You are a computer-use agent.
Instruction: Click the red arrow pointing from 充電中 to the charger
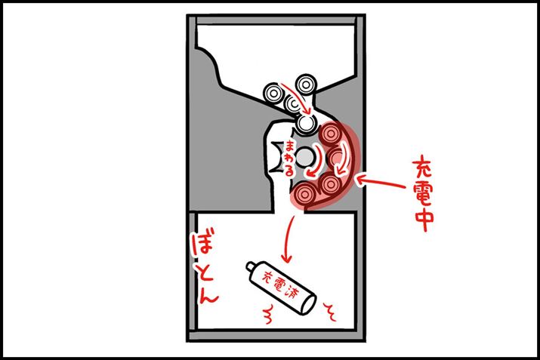click(x=381, y=182)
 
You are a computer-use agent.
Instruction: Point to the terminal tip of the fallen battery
click(x=250, y=266)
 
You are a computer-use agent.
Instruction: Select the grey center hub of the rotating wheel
click(x=305, y=158)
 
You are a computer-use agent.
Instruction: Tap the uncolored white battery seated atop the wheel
click(x=306, y=123)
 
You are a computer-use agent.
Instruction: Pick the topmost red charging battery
click(x=330, y=134)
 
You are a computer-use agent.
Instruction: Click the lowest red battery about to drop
click(x=304, y=195)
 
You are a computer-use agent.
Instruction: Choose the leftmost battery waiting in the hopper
click(x=274, y=93)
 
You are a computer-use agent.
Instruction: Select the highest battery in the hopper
click(x=306, y=85)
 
